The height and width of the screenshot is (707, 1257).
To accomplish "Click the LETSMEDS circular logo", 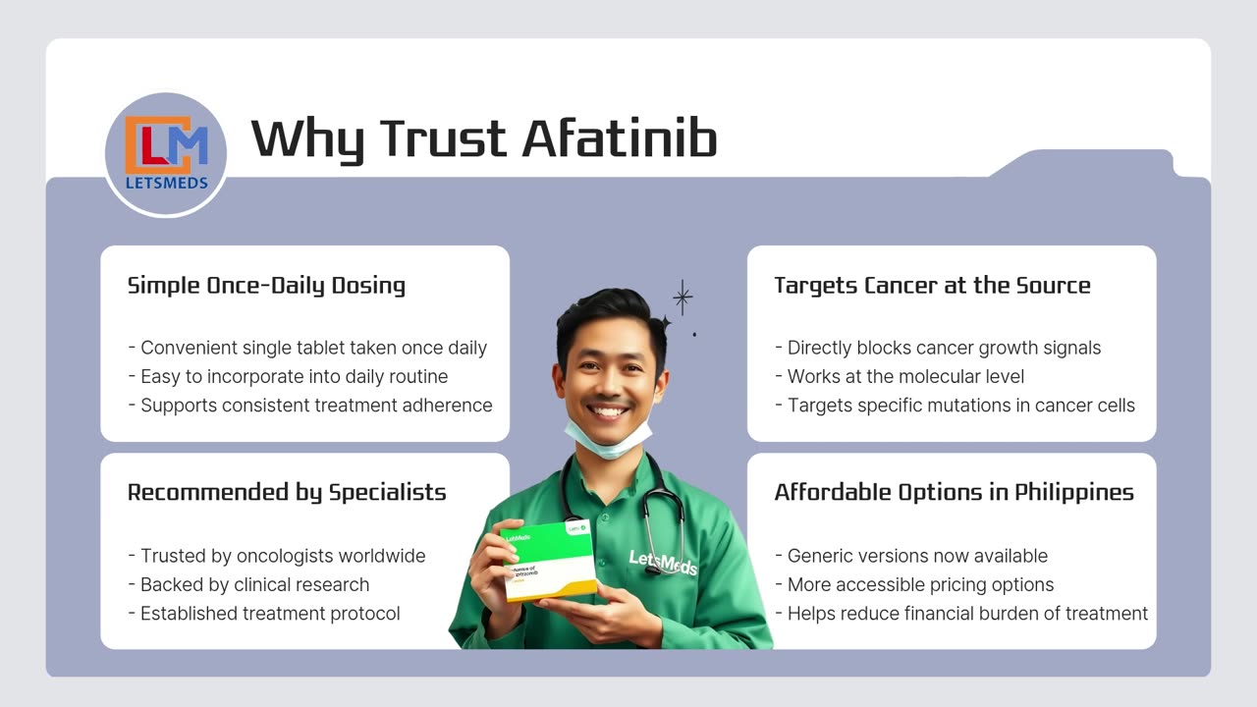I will tap(166, 154).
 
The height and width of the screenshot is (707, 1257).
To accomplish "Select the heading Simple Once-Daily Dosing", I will tap(266, 286).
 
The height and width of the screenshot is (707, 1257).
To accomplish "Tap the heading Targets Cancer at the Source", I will tap(932, 286).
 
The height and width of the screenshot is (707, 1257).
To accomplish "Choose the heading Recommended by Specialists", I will tap(287, 492).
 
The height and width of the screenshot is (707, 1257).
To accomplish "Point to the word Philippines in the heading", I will tap(1073, 492).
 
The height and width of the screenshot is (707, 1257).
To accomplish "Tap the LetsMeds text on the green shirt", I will tap(662, 562).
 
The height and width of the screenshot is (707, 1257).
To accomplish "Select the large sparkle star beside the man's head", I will tap(683, 297).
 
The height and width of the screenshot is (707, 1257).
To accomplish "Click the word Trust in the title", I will tap(445, 138).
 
